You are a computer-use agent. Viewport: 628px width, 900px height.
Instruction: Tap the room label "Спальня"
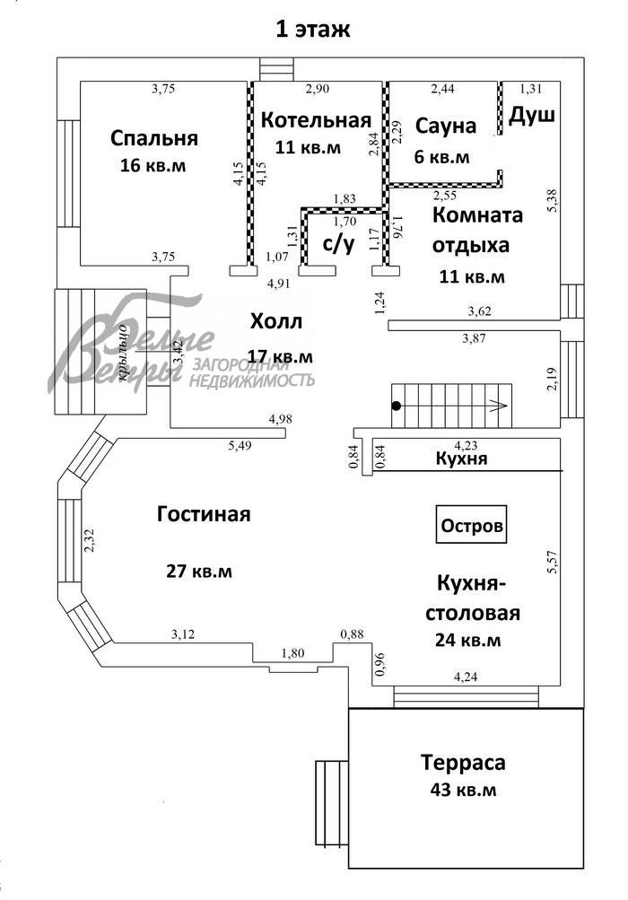[154, 138]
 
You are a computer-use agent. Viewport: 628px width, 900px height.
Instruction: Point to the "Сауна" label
[445, 126]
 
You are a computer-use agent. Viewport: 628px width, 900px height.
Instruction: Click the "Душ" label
[532, 115]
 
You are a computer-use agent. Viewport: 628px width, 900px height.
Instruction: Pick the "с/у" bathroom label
[338, 244]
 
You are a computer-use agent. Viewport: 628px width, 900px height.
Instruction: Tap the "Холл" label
[276, 321]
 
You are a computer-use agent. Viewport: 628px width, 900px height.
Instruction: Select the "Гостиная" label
[204, 514]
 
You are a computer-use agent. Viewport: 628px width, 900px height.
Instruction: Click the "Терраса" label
[463, 763]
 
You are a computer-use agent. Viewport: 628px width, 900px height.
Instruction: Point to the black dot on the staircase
[396, 406]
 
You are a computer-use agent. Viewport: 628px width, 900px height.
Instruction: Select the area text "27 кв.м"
[199, 572]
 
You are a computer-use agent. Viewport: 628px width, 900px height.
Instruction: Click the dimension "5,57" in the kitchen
[553, 562]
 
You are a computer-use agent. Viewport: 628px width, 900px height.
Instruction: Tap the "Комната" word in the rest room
[477, 215]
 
